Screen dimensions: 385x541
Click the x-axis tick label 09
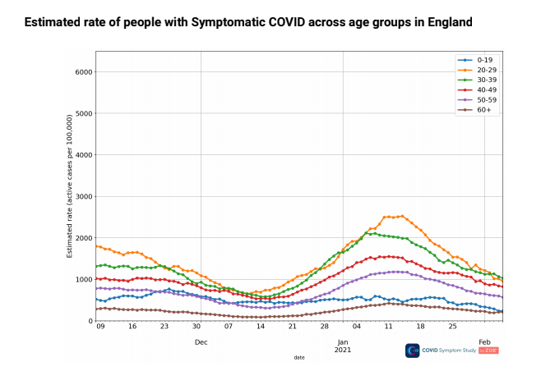coord(99,327)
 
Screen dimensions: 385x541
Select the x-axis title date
coord(300,357)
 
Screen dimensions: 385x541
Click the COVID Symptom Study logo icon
coord(413,351)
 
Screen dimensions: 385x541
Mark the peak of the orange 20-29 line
coord(400,216)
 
